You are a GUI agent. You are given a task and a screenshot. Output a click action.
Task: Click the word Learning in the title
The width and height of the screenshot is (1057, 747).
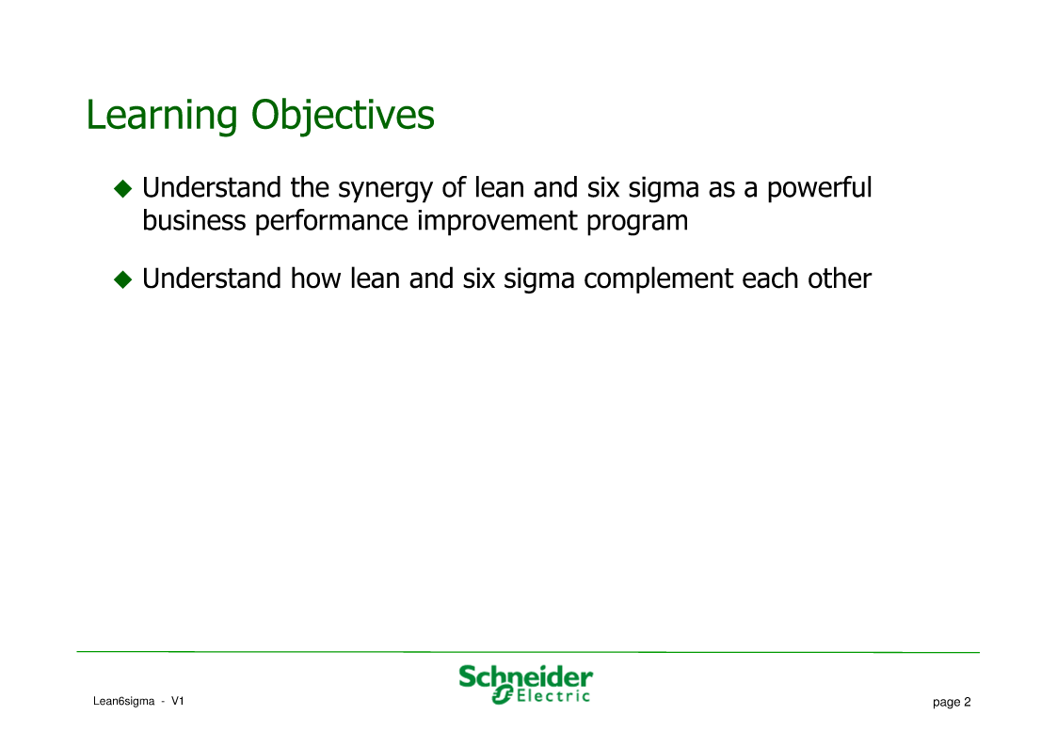click(x=162, y=115)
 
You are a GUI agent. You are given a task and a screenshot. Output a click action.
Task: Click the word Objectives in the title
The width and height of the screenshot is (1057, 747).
click(x=344, y=115)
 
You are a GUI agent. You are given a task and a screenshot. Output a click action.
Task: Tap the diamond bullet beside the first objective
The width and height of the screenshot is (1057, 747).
click(x=123, y=188)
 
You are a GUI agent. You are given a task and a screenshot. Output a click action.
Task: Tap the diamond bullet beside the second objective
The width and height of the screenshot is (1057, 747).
click(x=123, y=278)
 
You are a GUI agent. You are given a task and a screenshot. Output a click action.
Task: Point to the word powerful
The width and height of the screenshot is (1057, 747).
click(x=819, y=188)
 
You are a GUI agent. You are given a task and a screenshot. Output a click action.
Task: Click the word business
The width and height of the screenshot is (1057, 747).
click(x=194, y=220)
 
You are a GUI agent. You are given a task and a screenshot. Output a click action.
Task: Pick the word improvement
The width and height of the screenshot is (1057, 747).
click(x=498, y=222)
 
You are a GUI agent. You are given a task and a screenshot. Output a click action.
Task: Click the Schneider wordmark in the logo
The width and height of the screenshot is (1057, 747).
click(x=526, y=677)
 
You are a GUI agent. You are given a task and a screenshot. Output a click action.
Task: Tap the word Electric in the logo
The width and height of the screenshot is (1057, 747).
click(x=553, y=696)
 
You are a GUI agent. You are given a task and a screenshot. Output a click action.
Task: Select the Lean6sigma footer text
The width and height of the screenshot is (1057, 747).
click(x=124, y=702)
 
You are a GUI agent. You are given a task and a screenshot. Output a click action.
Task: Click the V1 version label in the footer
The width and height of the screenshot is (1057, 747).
click(x=177, y=701)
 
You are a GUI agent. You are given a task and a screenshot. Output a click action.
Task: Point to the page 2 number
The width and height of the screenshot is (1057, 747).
click(x=952, y=703)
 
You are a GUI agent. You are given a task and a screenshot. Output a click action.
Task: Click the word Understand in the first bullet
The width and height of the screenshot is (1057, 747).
click(x=212, y=188)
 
